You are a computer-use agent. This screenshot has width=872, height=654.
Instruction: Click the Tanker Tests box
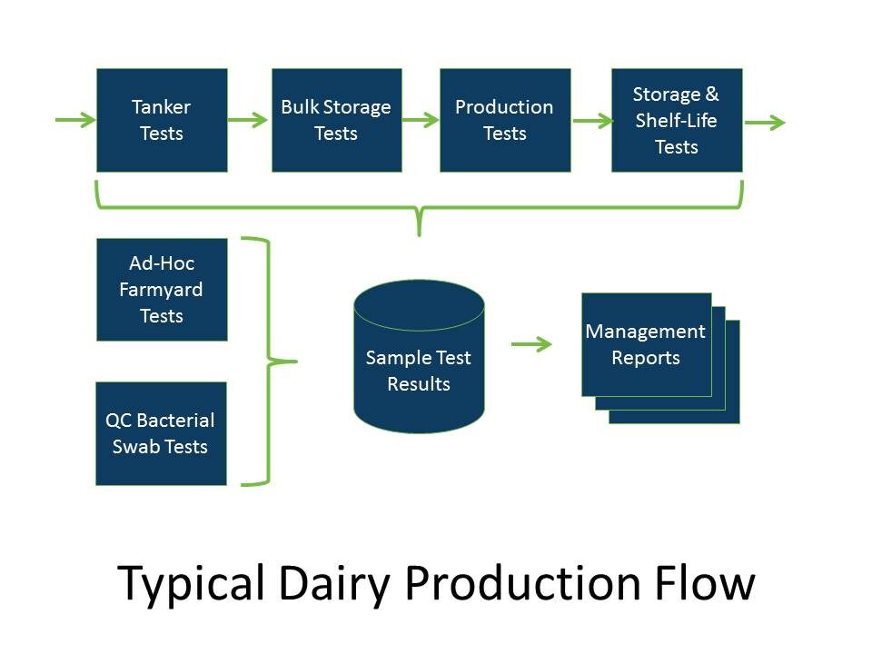click(x=162, y=120)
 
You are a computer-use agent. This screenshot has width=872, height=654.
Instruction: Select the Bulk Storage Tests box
click(x=336, y=120)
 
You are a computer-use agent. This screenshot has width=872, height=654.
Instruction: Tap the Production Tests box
click(x=505, y=120)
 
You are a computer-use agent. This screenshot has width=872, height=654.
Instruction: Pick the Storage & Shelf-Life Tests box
click(x=677, y=120)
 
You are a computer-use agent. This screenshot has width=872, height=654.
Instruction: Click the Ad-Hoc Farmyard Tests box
click(x=162, y=290)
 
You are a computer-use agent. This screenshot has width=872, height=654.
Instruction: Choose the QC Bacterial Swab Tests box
click(x=161, y=433)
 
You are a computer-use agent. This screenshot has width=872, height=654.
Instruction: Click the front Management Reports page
click(x=646, y=344)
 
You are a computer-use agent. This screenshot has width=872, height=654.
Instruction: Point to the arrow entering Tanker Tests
click(x=75, y=120)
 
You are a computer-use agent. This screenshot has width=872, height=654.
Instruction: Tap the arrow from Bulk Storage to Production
click(x=421, y=120)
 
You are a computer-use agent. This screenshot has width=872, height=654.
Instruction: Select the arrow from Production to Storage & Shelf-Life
click(x=591, y=120)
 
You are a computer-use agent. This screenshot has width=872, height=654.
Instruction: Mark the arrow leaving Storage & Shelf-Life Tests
click(x=765, y=123)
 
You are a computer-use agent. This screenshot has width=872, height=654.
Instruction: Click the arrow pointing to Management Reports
click(x=532, y=344)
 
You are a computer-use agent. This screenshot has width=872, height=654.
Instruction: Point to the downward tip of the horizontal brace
click(x=419, y=233)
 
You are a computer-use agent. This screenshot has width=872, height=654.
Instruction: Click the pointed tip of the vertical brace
click(x=292, y=362)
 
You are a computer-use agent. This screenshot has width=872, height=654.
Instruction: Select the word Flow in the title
click(x=708, y=582)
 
